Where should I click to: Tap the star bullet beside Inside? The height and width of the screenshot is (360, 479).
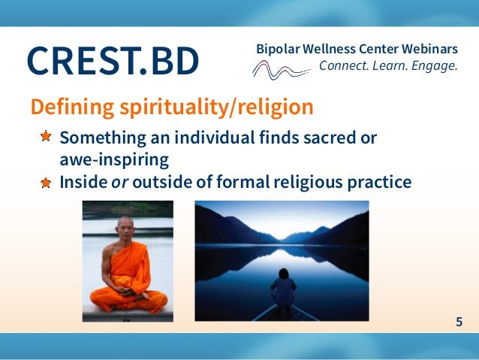pyautogui.click(x=46, y=182)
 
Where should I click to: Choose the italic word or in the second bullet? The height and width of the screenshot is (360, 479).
pyautogui.click(x=117, y=182)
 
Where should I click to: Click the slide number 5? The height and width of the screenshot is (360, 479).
pyautogui.click(x=459, y=322)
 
